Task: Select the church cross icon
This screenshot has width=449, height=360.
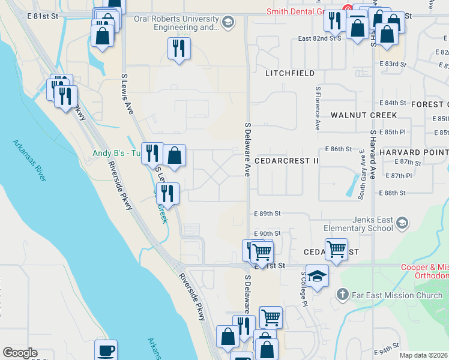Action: pos(342,295)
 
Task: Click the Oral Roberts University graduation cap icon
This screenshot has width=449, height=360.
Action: pos(227,23)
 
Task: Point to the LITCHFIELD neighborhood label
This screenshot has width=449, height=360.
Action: pos(290,73)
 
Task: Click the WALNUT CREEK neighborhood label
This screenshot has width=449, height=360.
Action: pos(364,115)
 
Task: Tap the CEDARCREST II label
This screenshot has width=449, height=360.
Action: pos(286,161)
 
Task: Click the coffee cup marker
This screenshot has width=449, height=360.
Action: pos(106,350)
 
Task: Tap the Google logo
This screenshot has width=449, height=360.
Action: pos(20,353)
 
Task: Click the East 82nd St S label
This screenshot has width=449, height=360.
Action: pos(320,38)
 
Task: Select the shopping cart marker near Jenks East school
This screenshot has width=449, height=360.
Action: pos(336,248)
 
